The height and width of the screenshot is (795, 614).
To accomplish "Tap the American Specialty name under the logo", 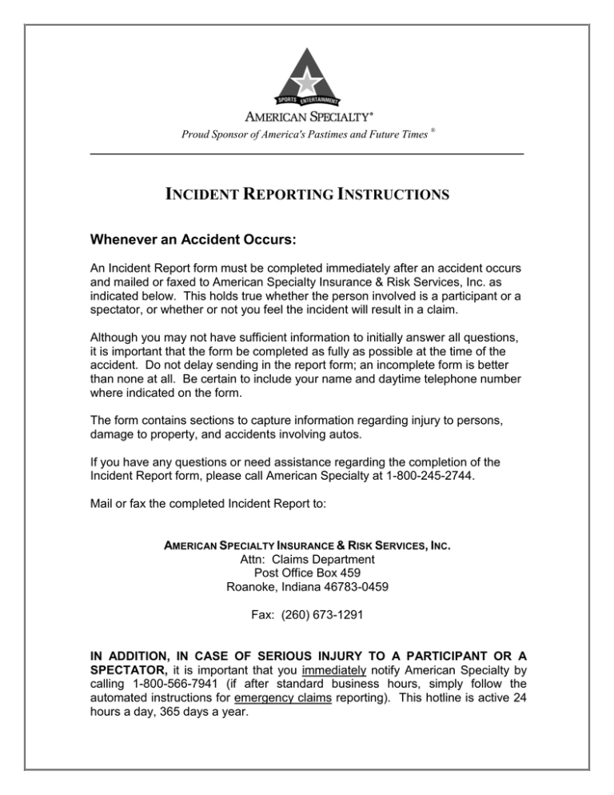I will point(307,115).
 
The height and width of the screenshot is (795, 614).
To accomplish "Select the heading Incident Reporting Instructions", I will point(306,194).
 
